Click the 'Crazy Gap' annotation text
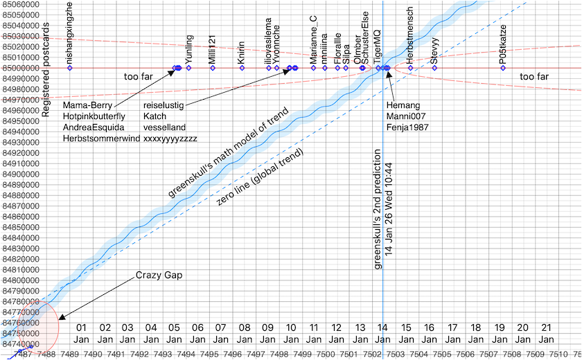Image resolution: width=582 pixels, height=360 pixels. click(159, 276)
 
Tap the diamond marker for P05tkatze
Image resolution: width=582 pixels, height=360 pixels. click(502, 68)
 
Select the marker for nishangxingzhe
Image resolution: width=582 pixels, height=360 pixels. click(69, 68)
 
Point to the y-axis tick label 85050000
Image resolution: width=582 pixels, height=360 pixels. click(19, 15)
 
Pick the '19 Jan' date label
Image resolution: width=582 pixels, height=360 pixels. click(500, 333)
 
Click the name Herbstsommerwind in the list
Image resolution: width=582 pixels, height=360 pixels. click(101, 138)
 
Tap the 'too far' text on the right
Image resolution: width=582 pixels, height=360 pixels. click(533, 77)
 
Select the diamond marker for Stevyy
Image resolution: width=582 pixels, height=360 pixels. click(434, 68)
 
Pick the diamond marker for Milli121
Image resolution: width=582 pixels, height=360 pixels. click(213, 68)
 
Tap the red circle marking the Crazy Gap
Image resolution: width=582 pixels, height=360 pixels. click(35, 325)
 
